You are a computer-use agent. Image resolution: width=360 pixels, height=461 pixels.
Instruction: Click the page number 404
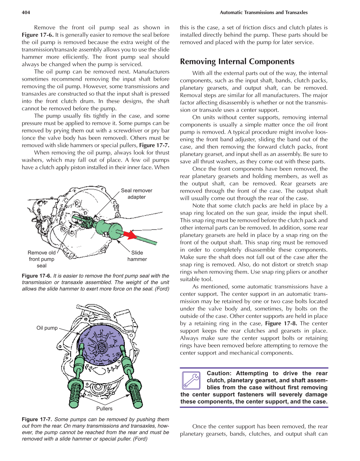26,12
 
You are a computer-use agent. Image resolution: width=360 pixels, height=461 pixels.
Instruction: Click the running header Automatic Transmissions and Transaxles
263,12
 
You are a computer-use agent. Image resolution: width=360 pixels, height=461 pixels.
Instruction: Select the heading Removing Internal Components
237,61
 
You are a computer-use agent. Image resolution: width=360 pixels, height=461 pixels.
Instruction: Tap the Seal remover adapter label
136,194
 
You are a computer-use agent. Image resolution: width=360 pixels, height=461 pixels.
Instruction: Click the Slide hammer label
137,256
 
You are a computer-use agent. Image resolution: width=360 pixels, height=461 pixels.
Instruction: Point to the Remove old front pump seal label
41,259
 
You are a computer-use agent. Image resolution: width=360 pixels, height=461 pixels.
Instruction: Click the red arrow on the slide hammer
130,234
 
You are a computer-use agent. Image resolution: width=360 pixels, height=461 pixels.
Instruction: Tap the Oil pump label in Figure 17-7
47,328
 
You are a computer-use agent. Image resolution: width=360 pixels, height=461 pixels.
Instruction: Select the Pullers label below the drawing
104,408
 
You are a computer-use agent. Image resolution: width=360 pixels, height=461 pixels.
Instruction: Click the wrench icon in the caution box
191,381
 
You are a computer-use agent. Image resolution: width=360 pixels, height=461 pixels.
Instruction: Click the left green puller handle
75,394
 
